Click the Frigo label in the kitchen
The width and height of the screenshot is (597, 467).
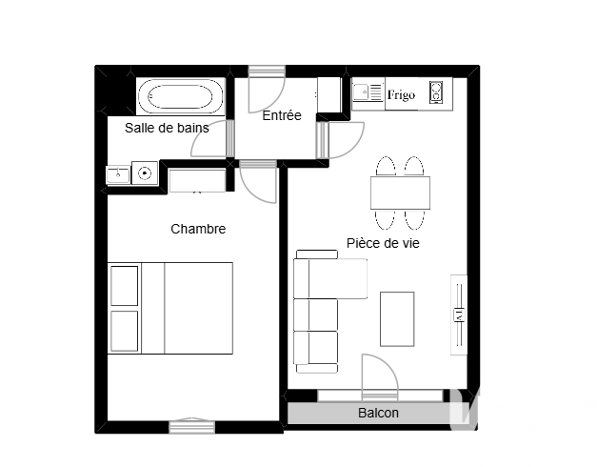[401, 94]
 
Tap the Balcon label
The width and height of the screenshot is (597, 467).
[378, 413]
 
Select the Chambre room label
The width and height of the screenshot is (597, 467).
[198, 229]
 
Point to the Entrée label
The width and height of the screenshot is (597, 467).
[282, 115]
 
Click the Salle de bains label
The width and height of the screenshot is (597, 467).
[167, 128]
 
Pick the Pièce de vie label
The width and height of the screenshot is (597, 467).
[383, 243]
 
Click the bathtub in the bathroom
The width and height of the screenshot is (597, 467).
[181, 97]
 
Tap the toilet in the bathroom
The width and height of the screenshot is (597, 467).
[145, 173]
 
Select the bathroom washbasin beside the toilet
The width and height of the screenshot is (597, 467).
[118, 175]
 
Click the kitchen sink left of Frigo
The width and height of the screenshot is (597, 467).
[368, 92]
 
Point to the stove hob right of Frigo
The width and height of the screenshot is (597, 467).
[436, 92]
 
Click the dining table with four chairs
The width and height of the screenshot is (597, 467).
[400, 193]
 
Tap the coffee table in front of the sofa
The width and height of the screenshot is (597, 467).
[397, 319]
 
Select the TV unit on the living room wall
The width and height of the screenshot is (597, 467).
[459, 315]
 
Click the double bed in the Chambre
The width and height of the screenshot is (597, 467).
[170, 308]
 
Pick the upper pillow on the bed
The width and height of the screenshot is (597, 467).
[124, 286]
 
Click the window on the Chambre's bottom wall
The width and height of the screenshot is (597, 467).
[192, 427]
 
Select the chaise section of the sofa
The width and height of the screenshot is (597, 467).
[337, 278]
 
